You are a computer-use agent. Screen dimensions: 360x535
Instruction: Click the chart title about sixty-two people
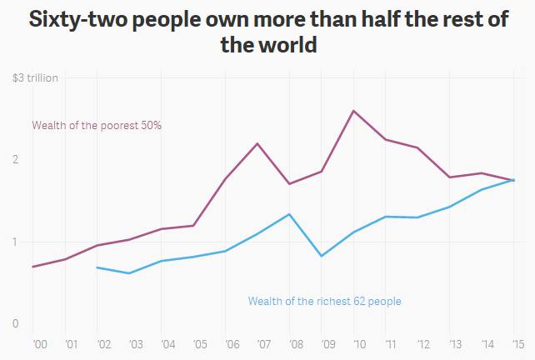pos(267,32)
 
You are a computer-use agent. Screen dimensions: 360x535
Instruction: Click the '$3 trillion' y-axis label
pos(36,78)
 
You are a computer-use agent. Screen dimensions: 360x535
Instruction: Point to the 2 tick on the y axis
pos(16,159)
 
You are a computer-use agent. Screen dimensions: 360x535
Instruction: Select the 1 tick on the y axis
pos(16,242)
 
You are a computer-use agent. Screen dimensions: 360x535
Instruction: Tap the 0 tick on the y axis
pos(16,323)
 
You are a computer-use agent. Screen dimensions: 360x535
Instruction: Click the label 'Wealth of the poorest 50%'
pos(97,126)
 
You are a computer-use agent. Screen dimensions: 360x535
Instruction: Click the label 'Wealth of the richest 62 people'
pos(324,301)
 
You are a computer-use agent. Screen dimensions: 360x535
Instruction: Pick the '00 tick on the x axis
pos(38,343)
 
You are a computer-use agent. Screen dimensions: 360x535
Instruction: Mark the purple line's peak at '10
pos(353,111)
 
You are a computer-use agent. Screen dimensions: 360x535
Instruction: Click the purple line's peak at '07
pos(257,143)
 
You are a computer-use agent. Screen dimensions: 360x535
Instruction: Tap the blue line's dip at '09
pos(322,256)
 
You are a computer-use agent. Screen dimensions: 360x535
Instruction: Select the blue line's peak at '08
pos(288,214)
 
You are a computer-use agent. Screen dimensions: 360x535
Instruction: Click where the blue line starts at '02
pos(97,267)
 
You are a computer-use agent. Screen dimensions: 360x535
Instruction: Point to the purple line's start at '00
pos(33,267)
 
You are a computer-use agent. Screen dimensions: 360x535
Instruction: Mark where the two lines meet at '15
pos(513,180)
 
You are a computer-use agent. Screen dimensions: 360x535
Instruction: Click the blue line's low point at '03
pos(129,273)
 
